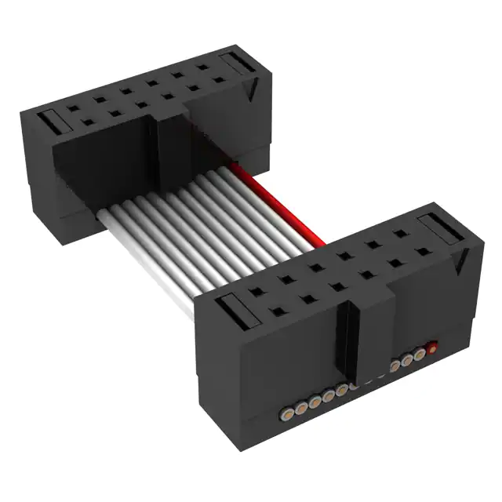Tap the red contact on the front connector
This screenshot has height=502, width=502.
click(x=431, y=347)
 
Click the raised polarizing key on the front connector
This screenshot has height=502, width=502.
click(x=357, y=329)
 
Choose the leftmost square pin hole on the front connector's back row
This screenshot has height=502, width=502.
click(x=258, y=291)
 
